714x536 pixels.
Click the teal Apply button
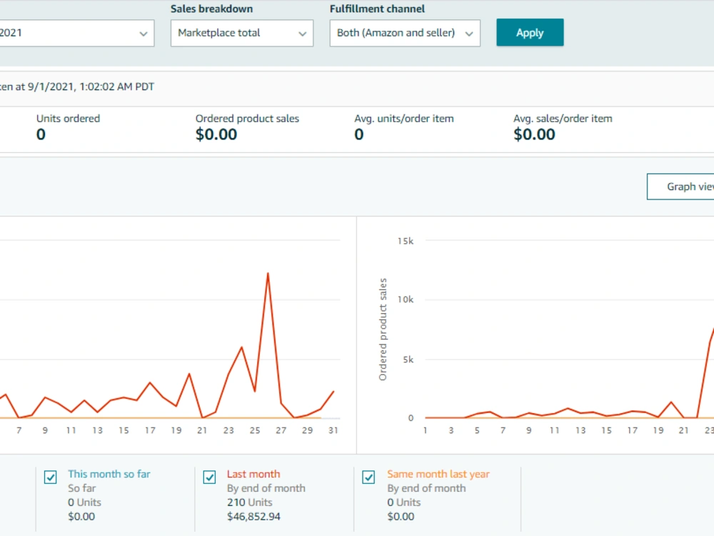530,32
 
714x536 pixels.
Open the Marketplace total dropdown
242,33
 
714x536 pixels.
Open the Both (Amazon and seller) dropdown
405,33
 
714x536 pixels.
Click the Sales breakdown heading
212,9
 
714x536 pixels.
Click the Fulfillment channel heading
377,9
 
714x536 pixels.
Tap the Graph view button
680,187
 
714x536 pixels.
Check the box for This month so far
51,477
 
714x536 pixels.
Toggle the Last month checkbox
209,477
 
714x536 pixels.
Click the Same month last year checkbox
368,477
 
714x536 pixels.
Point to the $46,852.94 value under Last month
253,517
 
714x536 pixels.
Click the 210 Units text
249,502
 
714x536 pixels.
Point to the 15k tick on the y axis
406,241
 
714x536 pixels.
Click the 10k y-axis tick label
406,299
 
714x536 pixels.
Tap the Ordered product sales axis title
383,329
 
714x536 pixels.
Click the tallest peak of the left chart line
268,274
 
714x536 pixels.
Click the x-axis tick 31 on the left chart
333,430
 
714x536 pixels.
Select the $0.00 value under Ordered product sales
216,134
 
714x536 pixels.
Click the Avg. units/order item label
404,119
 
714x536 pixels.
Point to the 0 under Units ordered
41,134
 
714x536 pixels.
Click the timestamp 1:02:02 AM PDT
117,86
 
